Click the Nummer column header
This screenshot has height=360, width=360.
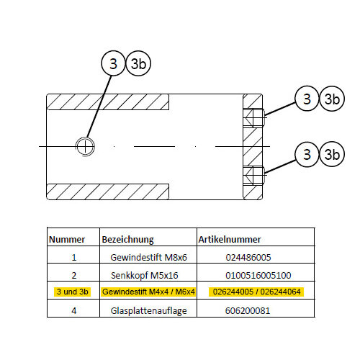click(x=67, y=240)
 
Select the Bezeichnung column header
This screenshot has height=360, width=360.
click(x=128, y=240)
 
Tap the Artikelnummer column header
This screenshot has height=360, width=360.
click(x=230, y=240)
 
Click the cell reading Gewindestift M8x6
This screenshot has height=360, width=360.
click(x=148, y=257)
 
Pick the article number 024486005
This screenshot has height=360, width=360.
click(x=248, y=257)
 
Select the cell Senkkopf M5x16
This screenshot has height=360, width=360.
click(x=145, y=275)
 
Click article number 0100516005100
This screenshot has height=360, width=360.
click(x=258, y=275)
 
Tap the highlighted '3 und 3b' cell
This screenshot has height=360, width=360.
click(x=73, y=292)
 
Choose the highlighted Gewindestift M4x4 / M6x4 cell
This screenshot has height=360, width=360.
click(x=148, y=292)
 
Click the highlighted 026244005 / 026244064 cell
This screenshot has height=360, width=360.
click(x=256, y=292)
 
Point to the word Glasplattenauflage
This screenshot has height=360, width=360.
click(x=148, y=311)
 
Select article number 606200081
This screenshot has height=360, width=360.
click(x=248, y=311)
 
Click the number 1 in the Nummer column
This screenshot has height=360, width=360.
click(x=74, y=258)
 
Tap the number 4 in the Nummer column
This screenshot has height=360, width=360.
click(x=74, y=311)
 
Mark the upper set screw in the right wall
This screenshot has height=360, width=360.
click(x=255, y=118)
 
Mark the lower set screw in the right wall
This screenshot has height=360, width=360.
click(x=255, y=175)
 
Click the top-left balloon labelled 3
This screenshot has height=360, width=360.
click(x=113, y=63)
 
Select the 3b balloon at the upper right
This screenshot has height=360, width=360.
click(x=332, y=99)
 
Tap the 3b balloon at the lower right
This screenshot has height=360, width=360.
click(x=332, y=154)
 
